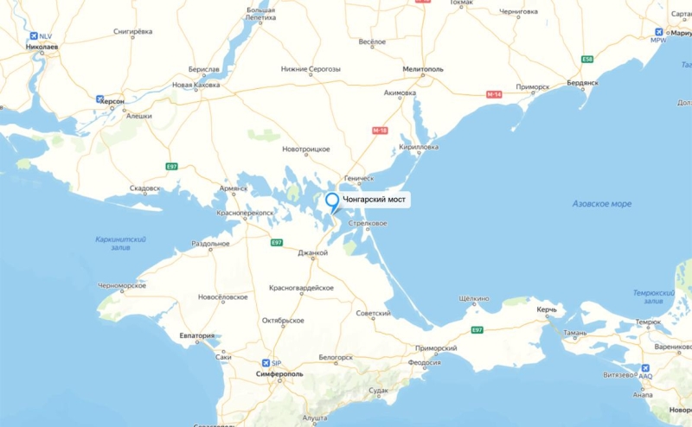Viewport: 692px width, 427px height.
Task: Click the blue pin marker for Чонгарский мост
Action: tap(332, 202)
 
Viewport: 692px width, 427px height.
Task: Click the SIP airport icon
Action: tap(266, 362)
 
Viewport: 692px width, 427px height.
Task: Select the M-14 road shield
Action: tap(494, 93)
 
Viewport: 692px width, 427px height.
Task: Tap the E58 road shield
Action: tap(587, 59)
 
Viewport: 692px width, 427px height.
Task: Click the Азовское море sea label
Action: tap(601, 204)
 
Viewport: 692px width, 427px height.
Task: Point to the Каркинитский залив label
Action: tap(120, 242)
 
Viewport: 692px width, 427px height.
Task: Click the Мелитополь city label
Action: tap(423, 67)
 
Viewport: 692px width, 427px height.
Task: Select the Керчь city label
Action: tap(546, 309)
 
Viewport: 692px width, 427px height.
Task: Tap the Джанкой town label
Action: tap(312, 253)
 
